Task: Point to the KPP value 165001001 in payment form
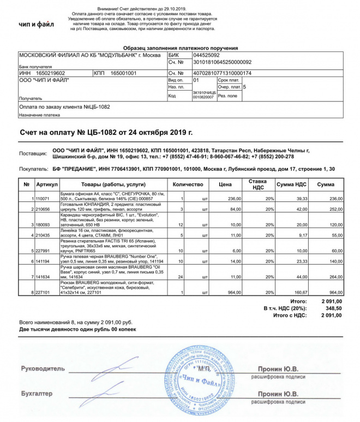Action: (x=123, y=73)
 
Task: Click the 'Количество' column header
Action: (x=188, y=185)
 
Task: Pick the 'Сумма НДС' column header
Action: (x=292, y=185)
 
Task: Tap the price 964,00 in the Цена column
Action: (x=234, y=293)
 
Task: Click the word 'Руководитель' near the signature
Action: (x=43, y=368)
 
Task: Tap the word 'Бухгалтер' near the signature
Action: (x=37, y=393)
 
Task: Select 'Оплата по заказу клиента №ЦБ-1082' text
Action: (x=64, y=106)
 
